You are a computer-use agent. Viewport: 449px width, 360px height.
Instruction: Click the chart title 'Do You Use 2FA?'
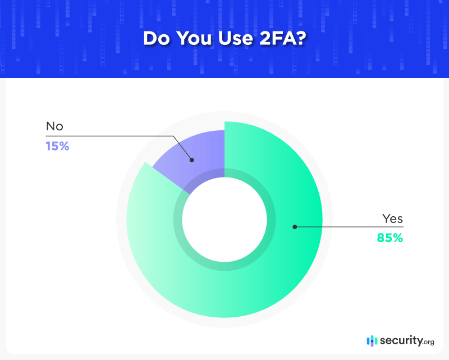tap(224, 38)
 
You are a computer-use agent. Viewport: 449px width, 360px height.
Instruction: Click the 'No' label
tap(54, 127)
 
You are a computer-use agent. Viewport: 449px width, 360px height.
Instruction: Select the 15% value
tap(57, 147)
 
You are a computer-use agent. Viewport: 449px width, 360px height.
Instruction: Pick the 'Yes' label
tap(392, 218)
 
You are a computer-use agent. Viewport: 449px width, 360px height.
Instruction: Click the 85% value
tap(390, 238)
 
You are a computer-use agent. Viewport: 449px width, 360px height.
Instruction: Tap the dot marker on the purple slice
tap(191, 160)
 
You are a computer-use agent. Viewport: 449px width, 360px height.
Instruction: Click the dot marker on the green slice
tap(294, 227)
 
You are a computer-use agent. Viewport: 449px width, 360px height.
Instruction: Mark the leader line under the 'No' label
tap(112, 136)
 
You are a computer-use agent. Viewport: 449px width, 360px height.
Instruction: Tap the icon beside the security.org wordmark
tap(372, 340)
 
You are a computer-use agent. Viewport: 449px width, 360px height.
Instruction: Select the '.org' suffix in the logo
tap(428, 341)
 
